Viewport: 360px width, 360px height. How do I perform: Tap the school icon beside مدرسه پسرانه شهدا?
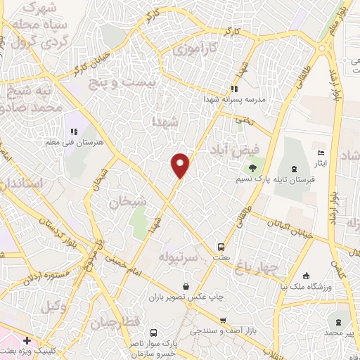tap(234, 89)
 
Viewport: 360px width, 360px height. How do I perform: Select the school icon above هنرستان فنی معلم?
tap(73, 131)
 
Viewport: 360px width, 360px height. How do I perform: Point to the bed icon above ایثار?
tap(321, 153)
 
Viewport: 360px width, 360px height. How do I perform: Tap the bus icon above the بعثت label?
tap(221, 247)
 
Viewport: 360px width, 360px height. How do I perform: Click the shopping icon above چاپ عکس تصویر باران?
tap(186, 286)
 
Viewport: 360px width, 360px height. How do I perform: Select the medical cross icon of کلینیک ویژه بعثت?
tap(27, 340)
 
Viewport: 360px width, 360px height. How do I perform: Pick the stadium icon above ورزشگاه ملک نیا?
tap(305, 275)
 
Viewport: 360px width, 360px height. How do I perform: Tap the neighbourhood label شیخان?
tap(128, 202)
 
